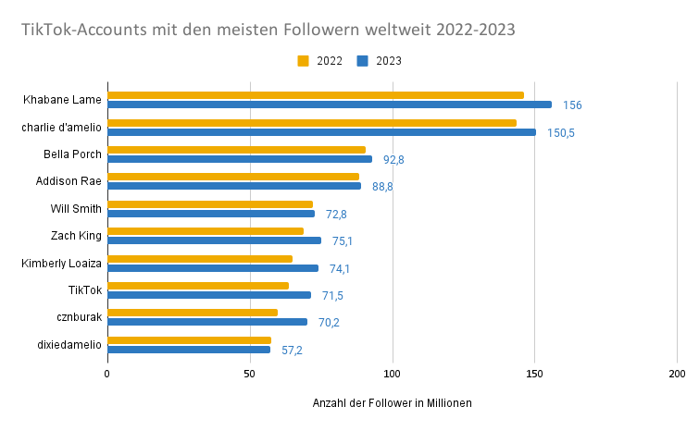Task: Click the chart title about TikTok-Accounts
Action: pos(268,30)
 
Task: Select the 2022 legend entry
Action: pos(319,61)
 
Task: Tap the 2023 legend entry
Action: pos(378,61)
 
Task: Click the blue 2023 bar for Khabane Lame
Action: pos(329,105)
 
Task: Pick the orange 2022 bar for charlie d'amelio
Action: pos(312,123)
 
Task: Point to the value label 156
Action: pos(572,105)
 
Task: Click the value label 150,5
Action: pos(560,132)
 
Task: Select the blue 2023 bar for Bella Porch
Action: pos(240,159)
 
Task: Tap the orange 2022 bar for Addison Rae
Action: pos(233,177)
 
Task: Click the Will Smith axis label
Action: pos(76,208)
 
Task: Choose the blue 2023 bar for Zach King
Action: pos(214,240)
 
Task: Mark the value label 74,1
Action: pos(339,268)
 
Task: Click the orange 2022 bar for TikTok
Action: pos(198,286)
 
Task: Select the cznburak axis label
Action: pos(79,316)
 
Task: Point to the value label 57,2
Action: pos(292,350)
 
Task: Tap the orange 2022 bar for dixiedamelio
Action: pos(189,340)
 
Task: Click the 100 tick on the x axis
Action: pos(392,374)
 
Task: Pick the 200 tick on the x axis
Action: pos(677,374)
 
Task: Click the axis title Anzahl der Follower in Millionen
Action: pos(392,402)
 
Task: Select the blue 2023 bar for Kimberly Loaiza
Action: pos(213,268)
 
